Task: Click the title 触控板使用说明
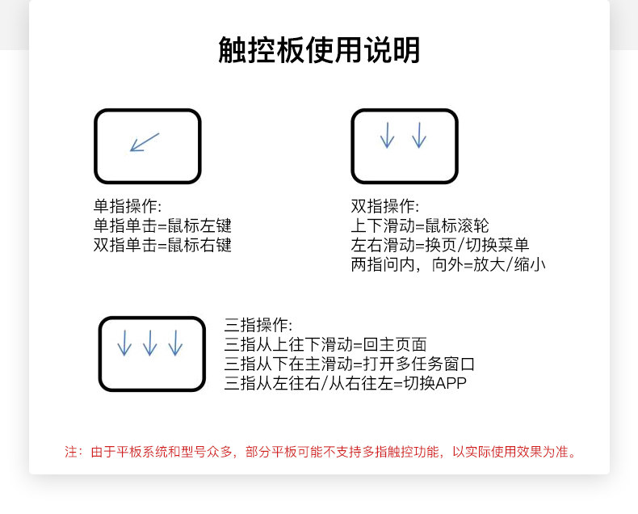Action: tap(319, 50)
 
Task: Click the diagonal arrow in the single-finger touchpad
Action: tap(145, 142)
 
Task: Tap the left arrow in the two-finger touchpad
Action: tap(387, 135)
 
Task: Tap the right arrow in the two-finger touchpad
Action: tap(418, 135)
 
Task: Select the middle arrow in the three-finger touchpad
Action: tap(149, 343)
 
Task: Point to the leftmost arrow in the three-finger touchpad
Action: tap(124, 343)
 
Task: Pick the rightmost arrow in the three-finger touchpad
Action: tap(175, 343)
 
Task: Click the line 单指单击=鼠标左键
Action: tap(162, 225)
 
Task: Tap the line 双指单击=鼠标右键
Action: tap(162, 245)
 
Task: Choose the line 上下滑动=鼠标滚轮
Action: tap(419, 225)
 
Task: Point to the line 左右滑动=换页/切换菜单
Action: tap(439, 245)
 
